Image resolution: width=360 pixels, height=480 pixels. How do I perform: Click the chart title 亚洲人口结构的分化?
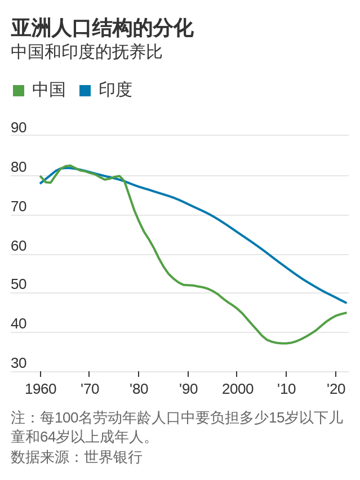[102, 28]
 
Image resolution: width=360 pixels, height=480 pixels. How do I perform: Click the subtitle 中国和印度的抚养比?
[86, 52]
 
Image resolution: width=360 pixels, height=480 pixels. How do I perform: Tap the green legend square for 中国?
[19, 90]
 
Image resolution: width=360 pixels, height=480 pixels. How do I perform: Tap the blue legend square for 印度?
[85, 90]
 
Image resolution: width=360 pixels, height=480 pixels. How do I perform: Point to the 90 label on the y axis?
[19, 127]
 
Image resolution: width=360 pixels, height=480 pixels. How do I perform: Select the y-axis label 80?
[19, 167]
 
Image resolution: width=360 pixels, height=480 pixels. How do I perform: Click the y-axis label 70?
[19, 206]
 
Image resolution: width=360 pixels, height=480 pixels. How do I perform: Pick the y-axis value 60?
[19, 246]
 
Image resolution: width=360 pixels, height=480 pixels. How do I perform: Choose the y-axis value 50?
[19, 284]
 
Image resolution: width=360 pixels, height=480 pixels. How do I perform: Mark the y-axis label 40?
[19, 323]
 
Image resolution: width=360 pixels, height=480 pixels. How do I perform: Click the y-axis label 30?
[19, 363]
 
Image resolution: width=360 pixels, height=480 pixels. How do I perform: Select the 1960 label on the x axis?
[41, 389]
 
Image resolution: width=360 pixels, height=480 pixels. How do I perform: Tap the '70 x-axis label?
[89, 389]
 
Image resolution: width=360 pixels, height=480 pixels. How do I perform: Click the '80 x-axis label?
[139, 389]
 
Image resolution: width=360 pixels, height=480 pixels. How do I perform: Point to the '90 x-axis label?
[188, 389]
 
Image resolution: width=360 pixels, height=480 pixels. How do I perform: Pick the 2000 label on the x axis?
[237, 389]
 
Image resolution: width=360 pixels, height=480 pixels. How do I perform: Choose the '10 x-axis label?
[286, 389]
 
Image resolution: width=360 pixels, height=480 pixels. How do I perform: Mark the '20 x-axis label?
[336, 389]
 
